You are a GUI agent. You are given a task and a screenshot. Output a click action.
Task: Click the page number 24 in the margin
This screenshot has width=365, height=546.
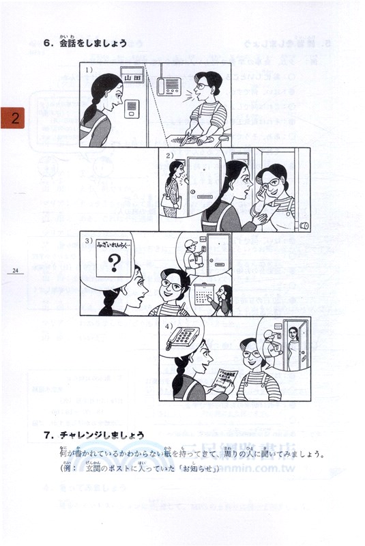(14, 271)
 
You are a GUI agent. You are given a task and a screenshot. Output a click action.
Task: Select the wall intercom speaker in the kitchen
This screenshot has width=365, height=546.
(169, 85)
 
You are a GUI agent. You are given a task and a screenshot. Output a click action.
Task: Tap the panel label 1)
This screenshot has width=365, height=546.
(89, 69)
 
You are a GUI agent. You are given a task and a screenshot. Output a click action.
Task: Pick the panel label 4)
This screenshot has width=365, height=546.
(169, 325)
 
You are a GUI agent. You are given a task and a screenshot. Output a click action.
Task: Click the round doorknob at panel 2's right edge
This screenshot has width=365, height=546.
(305, 225)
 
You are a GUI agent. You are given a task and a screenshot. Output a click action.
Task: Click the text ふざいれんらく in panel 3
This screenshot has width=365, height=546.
(113, 242)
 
